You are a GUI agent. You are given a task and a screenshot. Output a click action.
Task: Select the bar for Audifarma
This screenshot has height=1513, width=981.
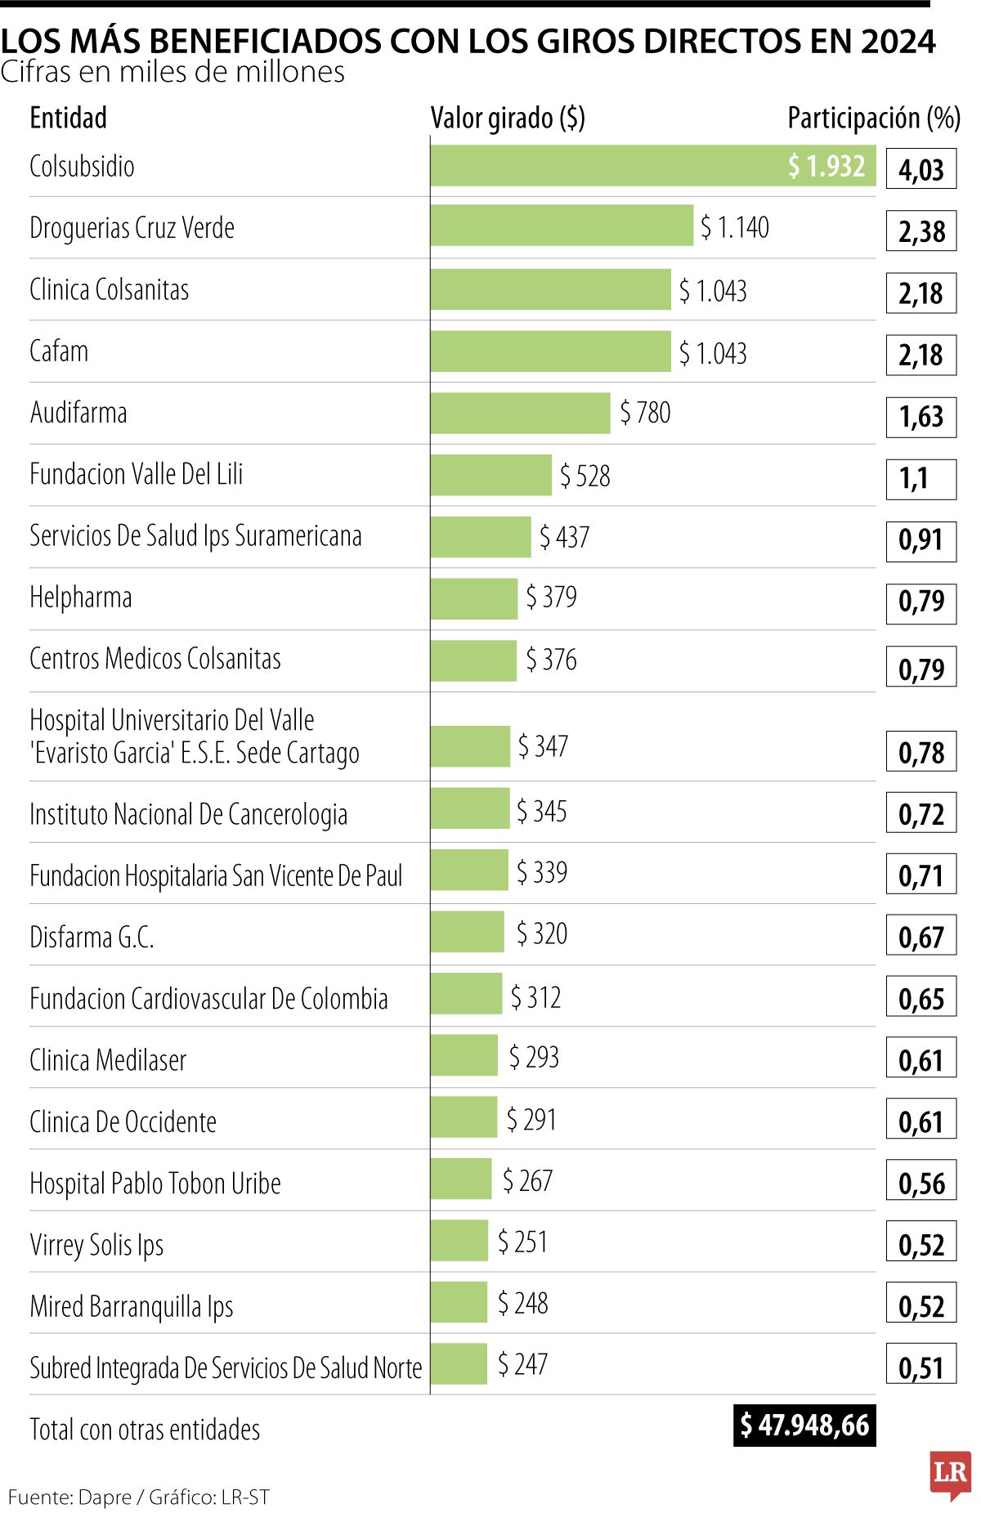coord(520,413)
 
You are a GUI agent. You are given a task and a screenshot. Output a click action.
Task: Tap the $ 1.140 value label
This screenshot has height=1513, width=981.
coord(734,227)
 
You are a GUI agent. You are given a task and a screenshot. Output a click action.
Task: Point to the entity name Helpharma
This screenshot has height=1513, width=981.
coord(80,598)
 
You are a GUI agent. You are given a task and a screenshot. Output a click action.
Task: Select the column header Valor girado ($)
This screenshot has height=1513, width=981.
coord(508,119)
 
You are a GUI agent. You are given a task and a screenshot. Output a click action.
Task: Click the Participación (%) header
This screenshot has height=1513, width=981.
coord(873,119)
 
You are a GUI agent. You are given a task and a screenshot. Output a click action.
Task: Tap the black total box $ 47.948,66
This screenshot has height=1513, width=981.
coord(804,1426)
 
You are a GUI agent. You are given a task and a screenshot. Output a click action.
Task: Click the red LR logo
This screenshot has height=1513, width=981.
coord(950,1475)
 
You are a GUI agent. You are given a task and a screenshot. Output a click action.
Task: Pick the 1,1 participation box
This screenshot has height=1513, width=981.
coord(921,479)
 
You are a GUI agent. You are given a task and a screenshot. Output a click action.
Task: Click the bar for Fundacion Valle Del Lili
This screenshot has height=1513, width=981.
coord(490,475)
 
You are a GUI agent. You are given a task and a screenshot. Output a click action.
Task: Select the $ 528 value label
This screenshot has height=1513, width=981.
coord(585,476)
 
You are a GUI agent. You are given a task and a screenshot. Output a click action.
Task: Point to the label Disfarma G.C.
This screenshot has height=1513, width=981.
coord(92,937)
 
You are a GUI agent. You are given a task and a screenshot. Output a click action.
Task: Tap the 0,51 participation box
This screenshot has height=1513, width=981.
coord(921,1368)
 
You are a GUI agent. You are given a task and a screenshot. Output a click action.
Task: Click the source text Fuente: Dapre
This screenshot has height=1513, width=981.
coord(69,1497)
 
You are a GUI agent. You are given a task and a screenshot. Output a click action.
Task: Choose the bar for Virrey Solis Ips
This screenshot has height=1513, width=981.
coord(459,1241)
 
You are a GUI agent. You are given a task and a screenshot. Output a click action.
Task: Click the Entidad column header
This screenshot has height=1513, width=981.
coord(68,119)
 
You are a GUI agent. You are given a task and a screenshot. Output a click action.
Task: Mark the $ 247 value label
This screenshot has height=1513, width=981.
coord(522,1364)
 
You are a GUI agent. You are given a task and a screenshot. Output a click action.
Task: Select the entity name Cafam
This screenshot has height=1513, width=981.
coord(59,351)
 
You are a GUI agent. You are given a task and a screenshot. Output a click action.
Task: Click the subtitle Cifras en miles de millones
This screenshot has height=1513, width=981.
coord(172,73)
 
